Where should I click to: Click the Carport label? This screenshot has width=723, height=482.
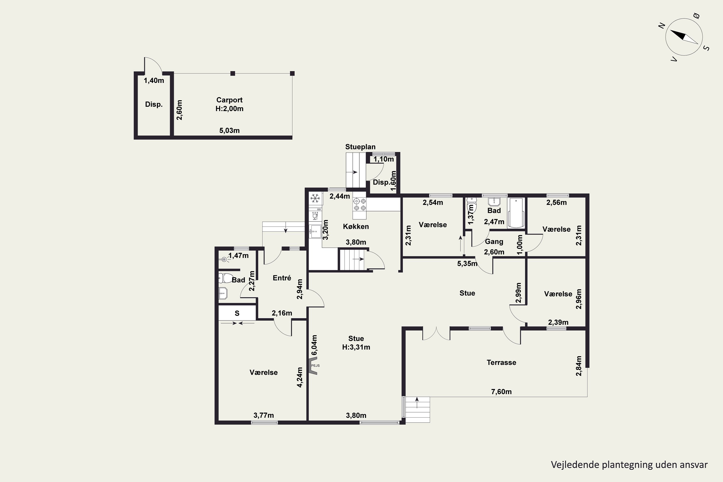229,100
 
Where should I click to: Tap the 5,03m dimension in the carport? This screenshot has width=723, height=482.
229,130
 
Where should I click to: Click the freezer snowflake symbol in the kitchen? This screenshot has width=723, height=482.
315,199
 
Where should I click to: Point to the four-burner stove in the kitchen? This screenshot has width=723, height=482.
360,205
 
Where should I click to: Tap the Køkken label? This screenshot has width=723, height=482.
356,227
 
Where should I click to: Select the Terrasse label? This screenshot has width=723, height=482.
501,362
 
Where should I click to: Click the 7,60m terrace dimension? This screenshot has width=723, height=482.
501,392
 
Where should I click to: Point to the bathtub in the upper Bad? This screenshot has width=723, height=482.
516,213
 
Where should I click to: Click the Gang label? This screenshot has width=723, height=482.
494,242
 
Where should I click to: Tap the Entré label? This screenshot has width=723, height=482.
282,278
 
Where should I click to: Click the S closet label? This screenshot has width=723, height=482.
237,313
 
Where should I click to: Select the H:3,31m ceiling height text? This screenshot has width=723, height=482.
356,347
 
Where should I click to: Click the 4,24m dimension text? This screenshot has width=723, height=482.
300,377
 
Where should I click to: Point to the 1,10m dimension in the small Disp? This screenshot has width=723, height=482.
384,159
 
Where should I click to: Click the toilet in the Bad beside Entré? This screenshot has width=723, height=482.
225,278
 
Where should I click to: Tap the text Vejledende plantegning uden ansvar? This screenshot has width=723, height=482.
629,464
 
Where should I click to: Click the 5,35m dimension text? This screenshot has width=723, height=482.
467,263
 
